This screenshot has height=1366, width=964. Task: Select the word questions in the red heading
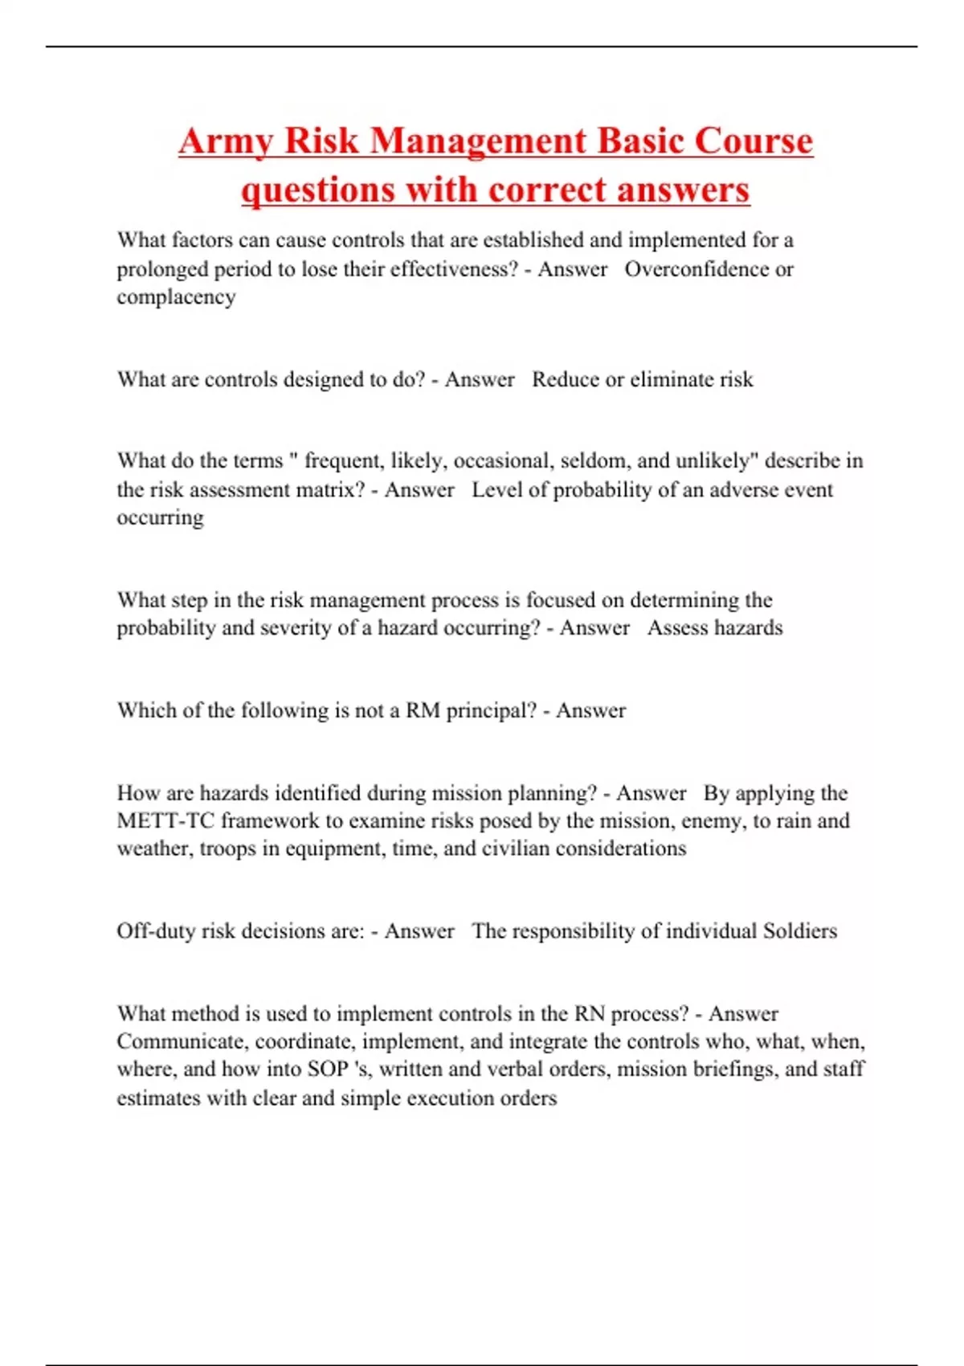[x=318, y=190]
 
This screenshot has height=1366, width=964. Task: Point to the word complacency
[x=176, y=297]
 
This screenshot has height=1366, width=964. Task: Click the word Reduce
[x=566, y=379]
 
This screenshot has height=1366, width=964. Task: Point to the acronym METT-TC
[x=165, y=821]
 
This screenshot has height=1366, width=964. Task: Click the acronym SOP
[x=328, y=1069]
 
